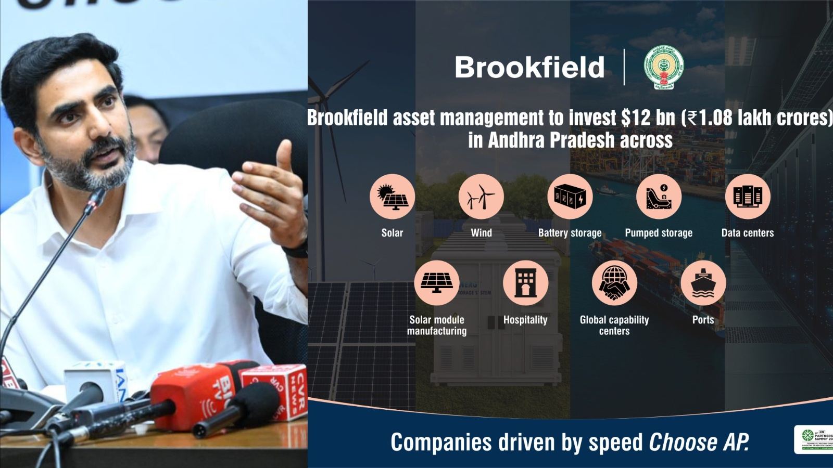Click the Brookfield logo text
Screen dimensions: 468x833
point(529,68)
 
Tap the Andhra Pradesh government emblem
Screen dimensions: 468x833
point(663,68)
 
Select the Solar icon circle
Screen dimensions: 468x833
point(392,197)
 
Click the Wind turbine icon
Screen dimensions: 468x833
point(481,197)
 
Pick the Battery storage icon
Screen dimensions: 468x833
point(570,197)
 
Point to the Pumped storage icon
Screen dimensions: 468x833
point(659,197)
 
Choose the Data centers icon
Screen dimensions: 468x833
point(747,197)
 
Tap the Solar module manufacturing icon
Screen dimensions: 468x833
point(436,283)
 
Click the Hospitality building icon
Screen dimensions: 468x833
point(525,283)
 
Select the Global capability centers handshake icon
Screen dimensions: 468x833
point(614,283)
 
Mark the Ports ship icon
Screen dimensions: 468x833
point(703,283)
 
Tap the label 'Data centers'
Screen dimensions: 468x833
point(747,233)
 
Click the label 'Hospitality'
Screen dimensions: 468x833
point(525,320)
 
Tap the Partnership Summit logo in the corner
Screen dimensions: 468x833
point(815,439)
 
